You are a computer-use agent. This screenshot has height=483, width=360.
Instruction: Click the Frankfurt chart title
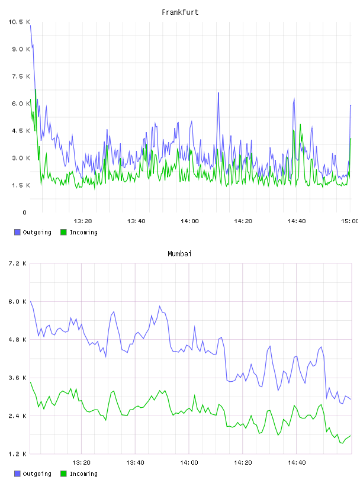(x=180, y=12)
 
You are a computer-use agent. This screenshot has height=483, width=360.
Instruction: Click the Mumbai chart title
(x=179, y=253)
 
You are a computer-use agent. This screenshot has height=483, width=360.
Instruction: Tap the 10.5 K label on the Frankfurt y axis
(x=19, y=22)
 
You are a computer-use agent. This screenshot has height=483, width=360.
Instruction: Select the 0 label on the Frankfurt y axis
(x=24, y=212)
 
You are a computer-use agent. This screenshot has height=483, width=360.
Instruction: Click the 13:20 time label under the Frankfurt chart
(x=83, y=221)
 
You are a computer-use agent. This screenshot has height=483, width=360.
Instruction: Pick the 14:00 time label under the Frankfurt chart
(x=189, y=221)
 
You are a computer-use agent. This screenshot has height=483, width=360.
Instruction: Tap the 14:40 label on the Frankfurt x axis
(x=297, y=221)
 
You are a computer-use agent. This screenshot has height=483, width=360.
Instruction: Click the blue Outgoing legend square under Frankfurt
(x=17, y=232)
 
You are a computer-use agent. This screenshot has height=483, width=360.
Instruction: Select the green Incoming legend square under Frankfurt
(x=63, y=232)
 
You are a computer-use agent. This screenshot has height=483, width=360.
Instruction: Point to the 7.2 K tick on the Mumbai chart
(x=17, y=263)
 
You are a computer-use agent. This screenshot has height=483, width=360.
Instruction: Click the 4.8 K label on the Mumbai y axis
(x=17, y=339)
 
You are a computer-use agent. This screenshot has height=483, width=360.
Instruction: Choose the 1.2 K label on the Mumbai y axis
(x=17, y=454)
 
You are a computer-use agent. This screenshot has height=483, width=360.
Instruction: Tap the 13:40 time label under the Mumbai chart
(x=135, y=462)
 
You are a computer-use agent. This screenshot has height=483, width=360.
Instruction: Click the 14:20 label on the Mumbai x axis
(x=243, y=462)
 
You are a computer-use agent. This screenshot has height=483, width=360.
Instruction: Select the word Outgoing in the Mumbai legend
(x=37, y=474)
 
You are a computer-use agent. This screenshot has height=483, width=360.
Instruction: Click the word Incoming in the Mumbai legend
(x=83, y=474)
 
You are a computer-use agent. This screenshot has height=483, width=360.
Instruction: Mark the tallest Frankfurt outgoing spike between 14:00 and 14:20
(x=218, y=93)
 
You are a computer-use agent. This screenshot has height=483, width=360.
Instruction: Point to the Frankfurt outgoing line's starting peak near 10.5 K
(x=31, y=25)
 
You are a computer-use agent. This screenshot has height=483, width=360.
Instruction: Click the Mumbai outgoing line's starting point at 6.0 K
(x=30, y=301)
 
